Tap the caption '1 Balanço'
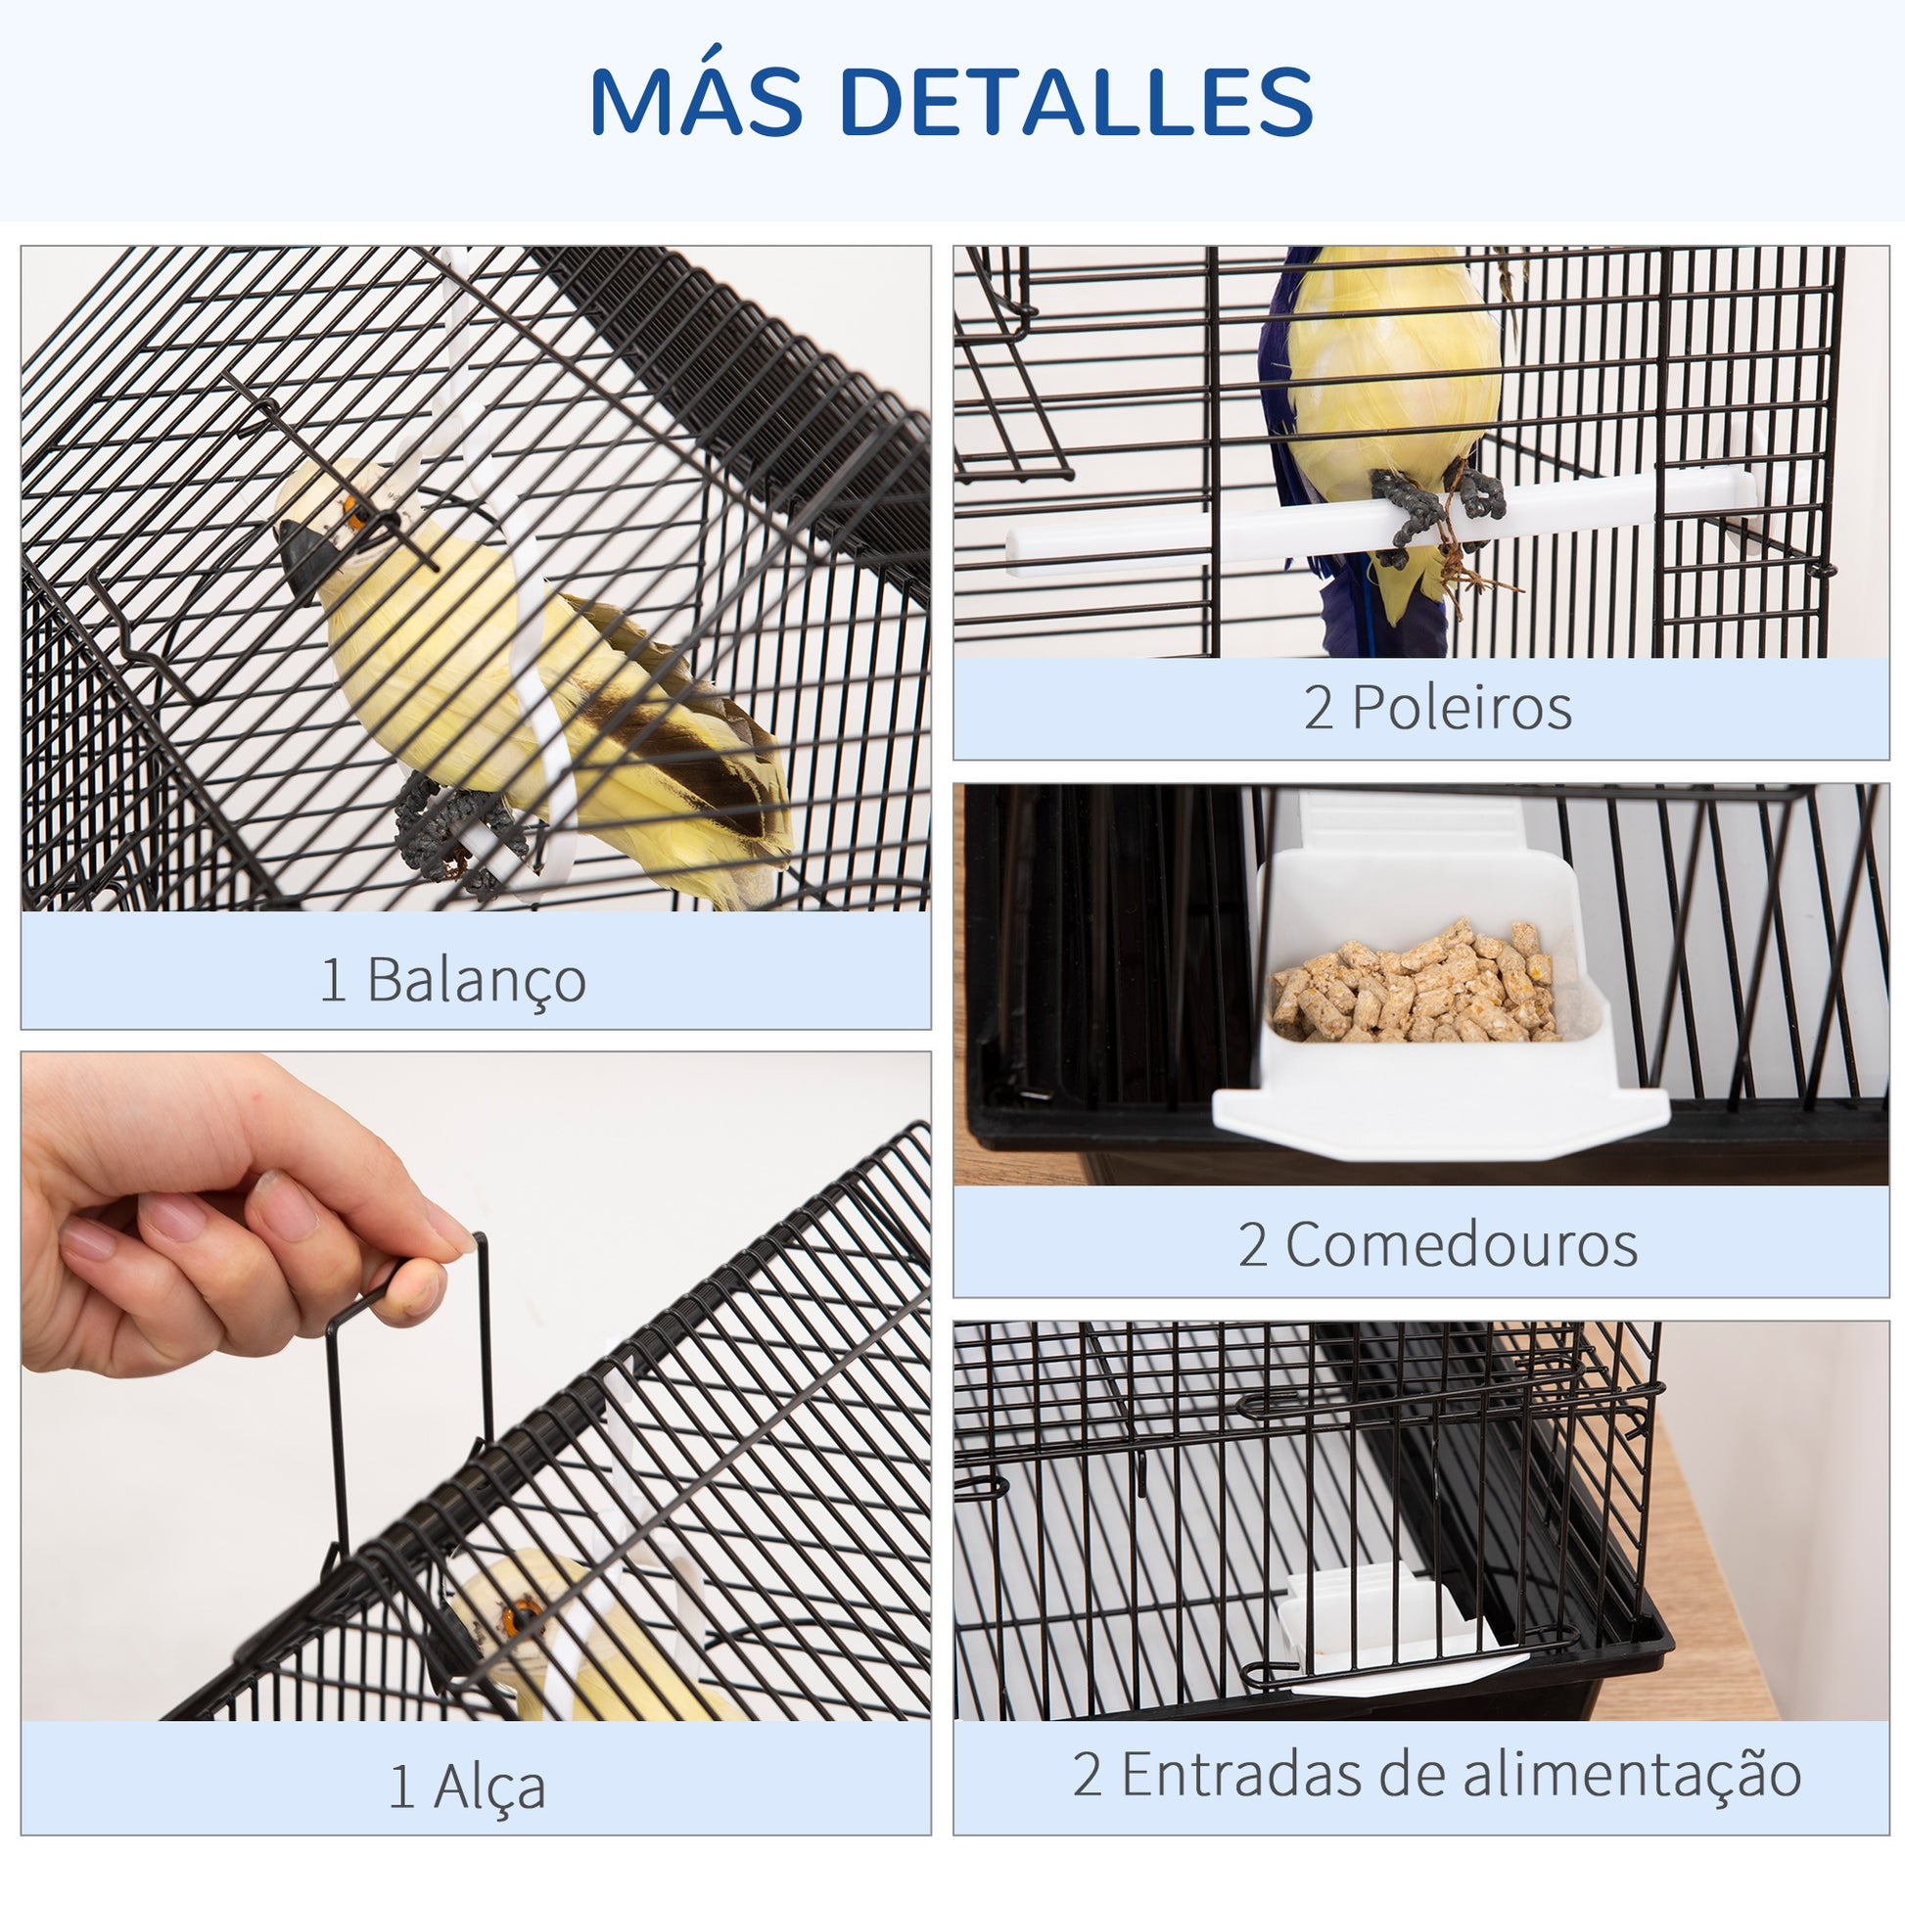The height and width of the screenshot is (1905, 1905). pos(453,980)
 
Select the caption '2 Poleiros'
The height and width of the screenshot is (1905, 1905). pos(1438,708)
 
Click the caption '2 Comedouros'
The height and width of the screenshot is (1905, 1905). pos(1438,1244)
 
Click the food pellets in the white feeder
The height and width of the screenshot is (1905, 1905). pos(1413,981)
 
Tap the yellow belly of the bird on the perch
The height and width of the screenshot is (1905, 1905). pos(1392,365)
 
